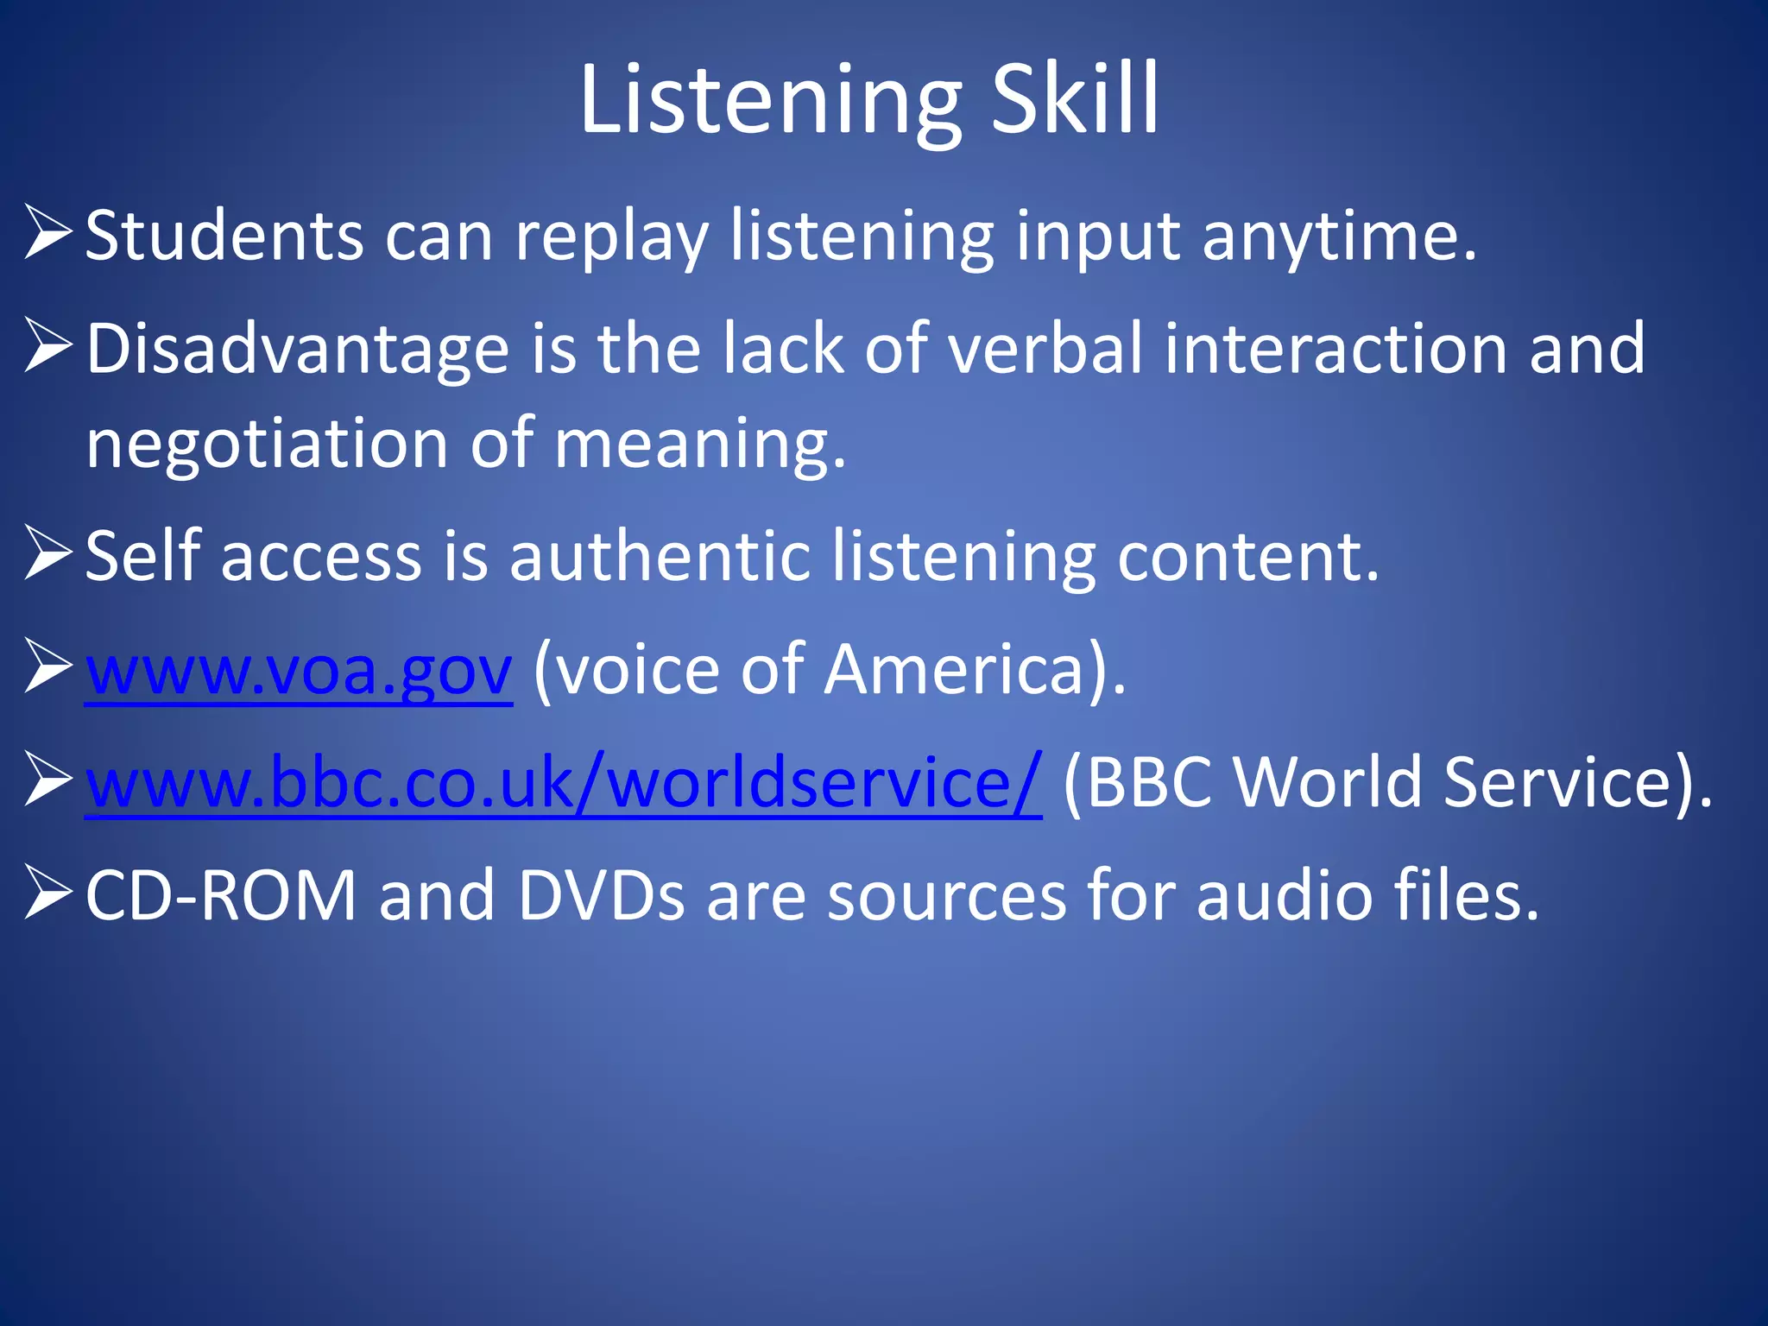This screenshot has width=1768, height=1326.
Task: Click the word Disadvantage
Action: click(x=298, y=349)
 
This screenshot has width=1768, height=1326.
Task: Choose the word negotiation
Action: click(x=267, y=444)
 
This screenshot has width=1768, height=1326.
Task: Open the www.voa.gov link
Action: click(x=299, y=670)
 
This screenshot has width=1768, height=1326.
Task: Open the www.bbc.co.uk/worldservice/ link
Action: click(x=563, y=782)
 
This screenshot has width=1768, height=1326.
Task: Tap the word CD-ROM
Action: click(x=221, y=895)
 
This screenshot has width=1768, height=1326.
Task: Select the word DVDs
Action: click(x=601, y=895)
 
